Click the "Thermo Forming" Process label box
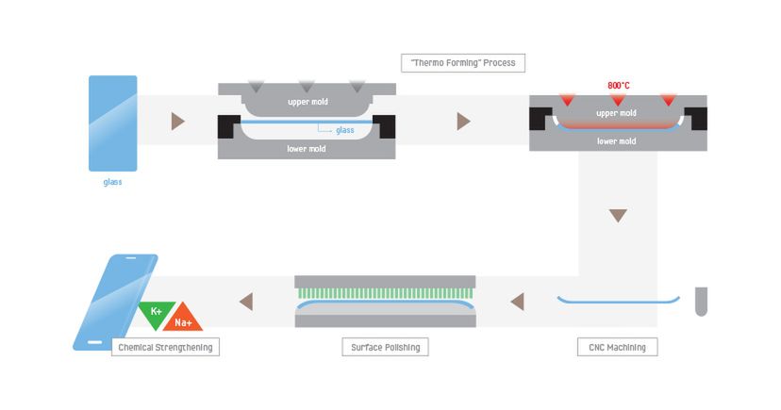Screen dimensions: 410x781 pos(462,63)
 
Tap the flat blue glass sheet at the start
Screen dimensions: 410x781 pos(112,123)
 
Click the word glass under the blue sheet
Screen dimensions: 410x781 pos(112,182)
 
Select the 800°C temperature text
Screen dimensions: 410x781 pos(619,86)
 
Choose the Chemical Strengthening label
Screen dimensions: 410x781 pos(165,347)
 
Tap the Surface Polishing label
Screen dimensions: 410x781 pos(384,347)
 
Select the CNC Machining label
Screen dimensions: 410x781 pos(617,347)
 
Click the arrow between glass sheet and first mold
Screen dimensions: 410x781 pos(178,121)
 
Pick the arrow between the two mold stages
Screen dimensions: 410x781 pos(463,121)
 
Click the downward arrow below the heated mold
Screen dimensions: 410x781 pos(618,216)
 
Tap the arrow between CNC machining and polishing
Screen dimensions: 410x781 pos(516,302)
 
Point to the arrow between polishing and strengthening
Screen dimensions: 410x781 pos(246,302)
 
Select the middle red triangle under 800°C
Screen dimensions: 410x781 pos(619,99)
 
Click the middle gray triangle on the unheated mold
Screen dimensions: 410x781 pos(307,87)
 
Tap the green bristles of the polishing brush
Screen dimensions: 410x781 pos(385,293)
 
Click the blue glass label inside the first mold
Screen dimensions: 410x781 pos(345,130)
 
